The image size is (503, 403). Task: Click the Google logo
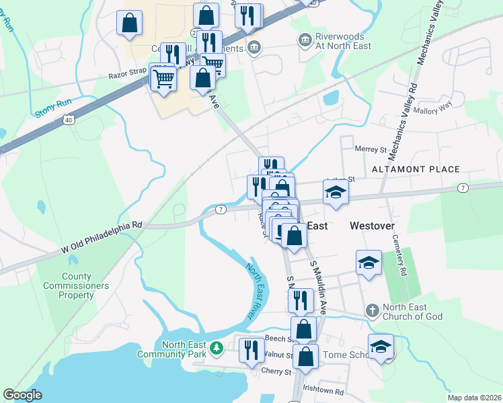tap(22, 395)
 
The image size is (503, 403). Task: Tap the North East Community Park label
tap(173, 349)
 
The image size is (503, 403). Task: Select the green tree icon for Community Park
tap(216, 348)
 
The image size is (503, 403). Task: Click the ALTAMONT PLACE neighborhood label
tap(416, 169)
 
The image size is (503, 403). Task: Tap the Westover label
tap(372, 226)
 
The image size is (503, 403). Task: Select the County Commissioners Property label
tap(85, 285)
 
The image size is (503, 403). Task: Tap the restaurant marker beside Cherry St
tap(251, 351)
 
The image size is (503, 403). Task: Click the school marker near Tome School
tap(381, 347)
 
